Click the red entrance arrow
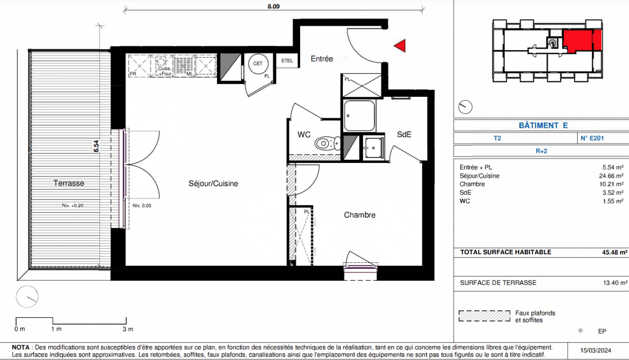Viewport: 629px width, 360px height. pyautogui.click(x=401, y=46)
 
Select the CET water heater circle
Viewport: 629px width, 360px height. pyautogui.click(x=258, y=64)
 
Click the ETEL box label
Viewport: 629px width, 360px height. pyautogui.click(x=287, y=61)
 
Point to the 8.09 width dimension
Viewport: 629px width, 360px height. pyautogui.click(x=274, y=6)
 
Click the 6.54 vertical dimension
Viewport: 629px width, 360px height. pyautogui.click(x=96, y=146)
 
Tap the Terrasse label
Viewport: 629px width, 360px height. pyautogui.click(x=69, y=183)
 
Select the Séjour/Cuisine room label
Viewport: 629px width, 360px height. pyautogui.click(x=213, y=184)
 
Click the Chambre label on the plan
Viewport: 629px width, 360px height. pyautogui.click(x=359, y=215)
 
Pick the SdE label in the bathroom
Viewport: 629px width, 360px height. pyautogui.click(x=404, y=135)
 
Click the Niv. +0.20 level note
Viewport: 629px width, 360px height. pyautogui.click(x=73, y=206)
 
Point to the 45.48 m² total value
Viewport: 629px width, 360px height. pyautogui.click(x=615, y=252)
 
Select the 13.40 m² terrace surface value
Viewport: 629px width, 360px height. pyautogui.click(x=615, y=283)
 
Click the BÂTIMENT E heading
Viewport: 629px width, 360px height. pyautogui.click(x=543, y=125)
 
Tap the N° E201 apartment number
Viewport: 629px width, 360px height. pyautogui.click(x=592, y=138)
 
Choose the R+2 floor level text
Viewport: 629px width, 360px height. pyautogui.click(x=541, y=151)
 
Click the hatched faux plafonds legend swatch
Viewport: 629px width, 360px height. pyautogui.click(x=485, y=316)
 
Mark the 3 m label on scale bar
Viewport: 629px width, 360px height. pyautogui.click(x=128, y=329)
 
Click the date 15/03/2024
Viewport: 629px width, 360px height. pyautogui.click(x=596, y=351)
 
